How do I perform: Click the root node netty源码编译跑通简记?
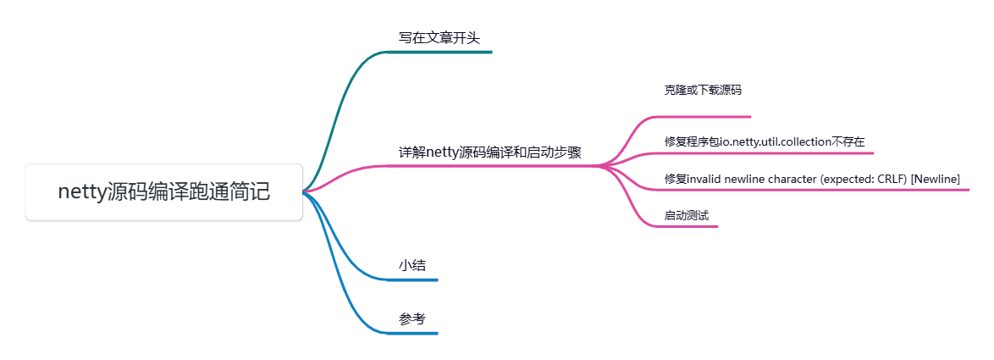[x=163, y=192]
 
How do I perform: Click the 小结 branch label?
[x=412, y=265]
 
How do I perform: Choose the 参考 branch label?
[x=412, y=319]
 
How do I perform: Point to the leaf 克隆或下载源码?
[x=703, y=90]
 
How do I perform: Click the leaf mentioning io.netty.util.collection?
[x=765, y=141]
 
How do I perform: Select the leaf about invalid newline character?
[x=812, y=178]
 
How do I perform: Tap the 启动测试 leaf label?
[x=686, y=215]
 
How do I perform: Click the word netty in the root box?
[x=81, y=192]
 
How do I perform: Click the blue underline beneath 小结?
[x=412, y=280]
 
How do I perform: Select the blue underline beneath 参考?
[x=412, y=333]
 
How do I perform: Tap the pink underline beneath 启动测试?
[x=690, y=226]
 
